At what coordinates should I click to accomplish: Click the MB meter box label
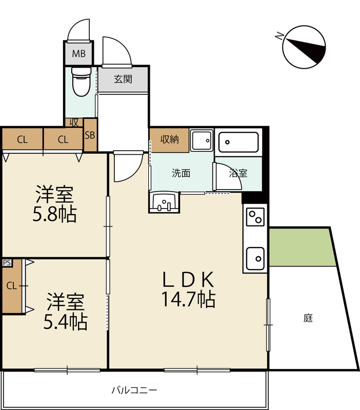pos(79,54)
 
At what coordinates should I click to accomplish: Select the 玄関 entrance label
pos(123,79)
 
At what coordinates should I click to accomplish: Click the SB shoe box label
pos(90,135)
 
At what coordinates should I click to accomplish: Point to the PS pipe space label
pos(7,262)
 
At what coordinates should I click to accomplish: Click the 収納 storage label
pos(170,139)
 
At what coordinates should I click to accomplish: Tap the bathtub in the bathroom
pos(238,142)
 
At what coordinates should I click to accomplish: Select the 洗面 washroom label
pos(181,173)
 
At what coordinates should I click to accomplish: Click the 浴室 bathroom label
pos(238,173)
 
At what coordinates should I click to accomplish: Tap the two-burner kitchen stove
pos(255,217)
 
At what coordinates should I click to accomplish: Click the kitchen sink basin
pos(255,258)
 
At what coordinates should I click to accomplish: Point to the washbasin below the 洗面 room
pos(164,202)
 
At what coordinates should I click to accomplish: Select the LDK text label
pos(188,279)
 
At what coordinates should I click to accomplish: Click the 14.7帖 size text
pos(188,299)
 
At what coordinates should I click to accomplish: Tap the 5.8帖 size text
pos(54,214)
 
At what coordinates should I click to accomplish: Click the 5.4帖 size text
pos(65,322)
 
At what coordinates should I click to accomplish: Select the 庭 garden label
pos(308,318)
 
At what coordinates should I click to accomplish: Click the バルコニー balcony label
pos(134,391)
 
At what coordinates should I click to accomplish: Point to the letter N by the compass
pos(279,35)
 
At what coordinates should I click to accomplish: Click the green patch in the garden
pos(302,248)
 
